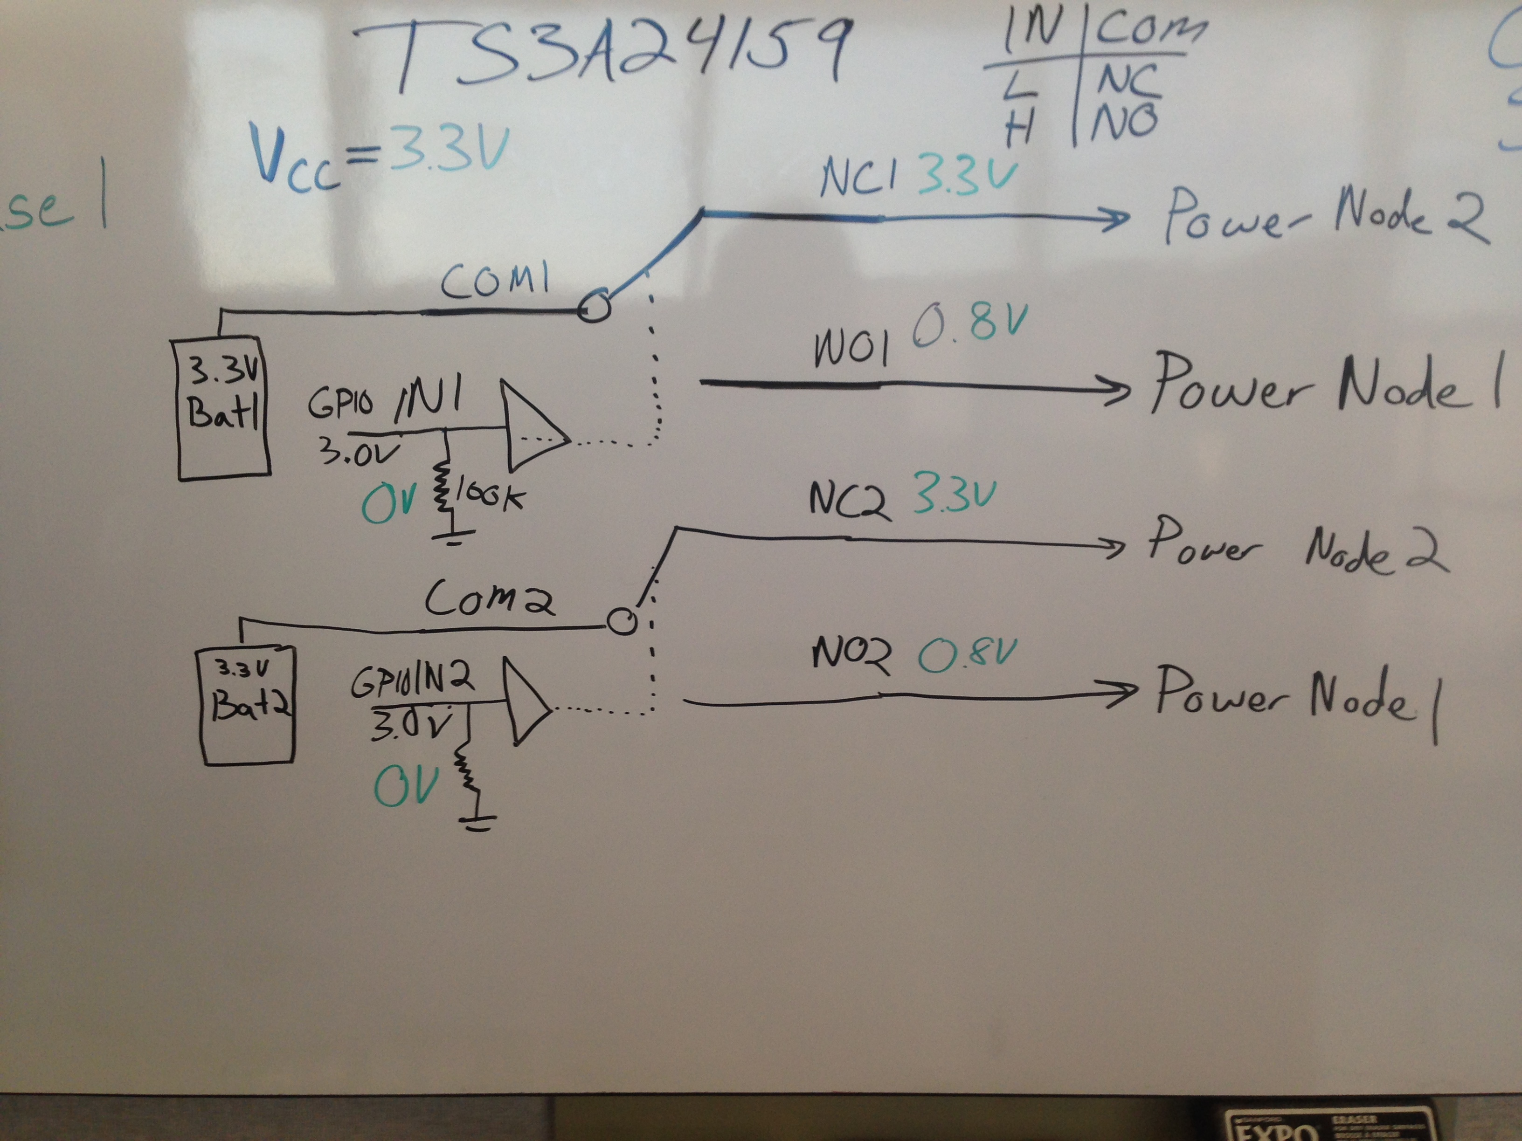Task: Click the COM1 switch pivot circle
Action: point(593,305)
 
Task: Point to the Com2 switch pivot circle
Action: point(623,622)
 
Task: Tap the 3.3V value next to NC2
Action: point(955,496)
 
